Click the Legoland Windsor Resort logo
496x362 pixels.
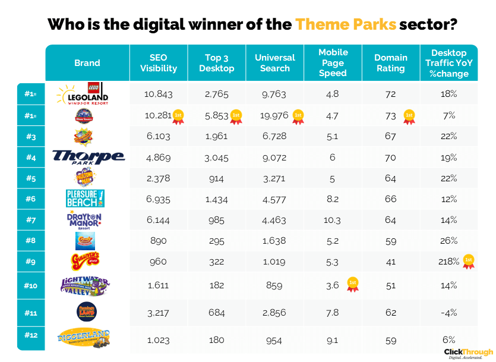pyautogui.click(x=87, y=93)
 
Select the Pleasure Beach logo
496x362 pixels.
pyautogui.click(x=87, y=199)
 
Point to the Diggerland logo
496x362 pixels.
pyautogui.click(x=87, y=338)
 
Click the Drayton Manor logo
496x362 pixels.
pyautogui.click(x=87, y=220)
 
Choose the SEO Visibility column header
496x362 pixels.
pyautogui.click(x=159, y=63)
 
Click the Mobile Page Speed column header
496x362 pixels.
pyautogui.click(x=333, y=63)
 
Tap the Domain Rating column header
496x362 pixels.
pyautogui.click(x=390, y=63)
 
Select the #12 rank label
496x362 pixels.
pyautogui.click(x=31, y=335)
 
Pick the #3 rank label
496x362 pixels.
pyautogui.click(x=31, y=136)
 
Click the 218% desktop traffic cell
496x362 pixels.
pyautogui.click(x=449, y=262)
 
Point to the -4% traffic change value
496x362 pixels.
pyautogui.click(x=449, y=312)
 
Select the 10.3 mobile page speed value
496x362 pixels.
pyautogui.click(x=333, y=220)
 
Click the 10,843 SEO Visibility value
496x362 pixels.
pyautogui.click(x=159, y=94)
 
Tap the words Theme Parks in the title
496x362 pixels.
pyautogui.click(x=345, y=24)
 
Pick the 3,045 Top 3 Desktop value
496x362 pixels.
pyautogui.click(x=217, y=158)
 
